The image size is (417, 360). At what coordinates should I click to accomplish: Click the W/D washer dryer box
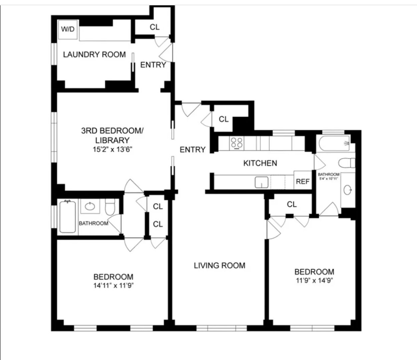[x=68, y=30]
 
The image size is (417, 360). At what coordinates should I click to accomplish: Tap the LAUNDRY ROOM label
[x=94, y=54]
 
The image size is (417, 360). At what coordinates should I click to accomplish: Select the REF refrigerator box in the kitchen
[x=303, y=182]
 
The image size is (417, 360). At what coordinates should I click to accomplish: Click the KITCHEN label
[x=260, y=163]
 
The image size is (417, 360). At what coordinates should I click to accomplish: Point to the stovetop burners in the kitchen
[x=237, y=143]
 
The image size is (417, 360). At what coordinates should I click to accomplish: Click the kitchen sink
[x=262, y=182]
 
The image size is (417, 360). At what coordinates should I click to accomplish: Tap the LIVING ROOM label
[x=220, y=265]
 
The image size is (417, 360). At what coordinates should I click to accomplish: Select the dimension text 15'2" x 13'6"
[x=113, y=149]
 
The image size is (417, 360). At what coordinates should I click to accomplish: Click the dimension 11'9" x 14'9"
[x=314, y=280]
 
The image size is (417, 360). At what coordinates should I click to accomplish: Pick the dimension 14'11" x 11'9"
[x=113, y=285]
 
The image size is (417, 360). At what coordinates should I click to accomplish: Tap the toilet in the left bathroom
[x=110, y=207]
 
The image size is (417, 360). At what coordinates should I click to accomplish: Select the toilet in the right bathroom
[x=347, y=163]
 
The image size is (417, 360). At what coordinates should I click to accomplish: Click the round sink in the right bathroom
[x=348, y=190]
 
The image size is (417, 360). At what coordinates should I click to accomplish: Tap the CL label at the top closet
[x=154, y=27]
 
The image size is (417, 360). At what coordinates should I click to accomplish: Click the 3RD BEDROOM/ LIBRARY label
[x=112, y=135]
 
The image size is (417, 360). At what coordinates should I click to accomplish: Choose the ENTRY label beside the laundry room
[x=153, y=65]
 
